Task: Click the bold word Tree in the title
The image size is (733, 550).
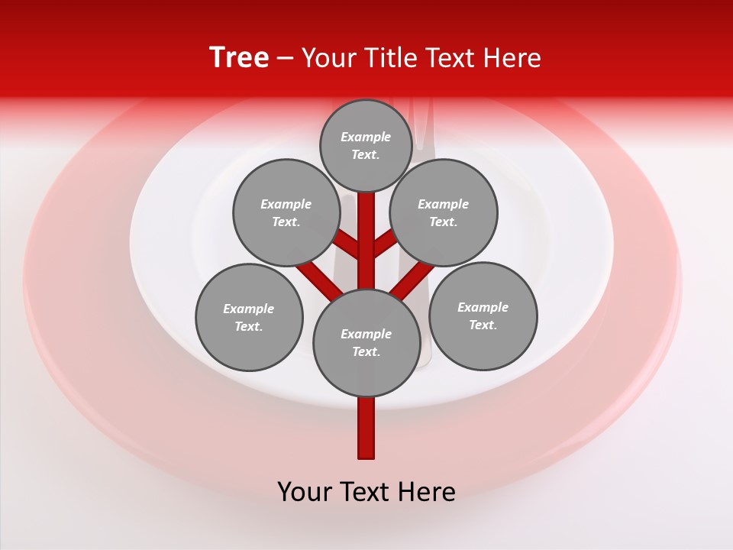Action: click(x=239, y=58)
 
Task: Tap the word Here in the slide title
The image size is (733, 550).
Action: click(x=512, y=58)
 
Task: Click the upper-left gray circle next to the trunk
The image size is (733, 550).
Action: click(x=286, y=212)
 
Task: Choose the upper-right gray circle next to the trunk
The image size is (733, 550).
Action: click(x=444, y=212)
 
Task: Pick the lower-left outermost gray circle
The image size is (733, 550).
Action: click(x=249, y=317)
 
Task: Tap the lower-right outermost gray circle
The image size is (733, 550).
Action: click(x=483, y=315)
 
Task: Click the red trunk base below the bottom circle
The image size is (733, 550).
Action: click(x=366, y=428)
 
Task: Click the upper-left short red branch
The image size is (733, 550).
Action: click(x=348, y=246)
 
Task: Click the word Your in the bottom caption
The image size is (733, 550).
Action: click(x=305, y=491)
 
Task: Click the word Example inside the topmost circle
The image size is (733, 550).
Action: click(x=366, y=137)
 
